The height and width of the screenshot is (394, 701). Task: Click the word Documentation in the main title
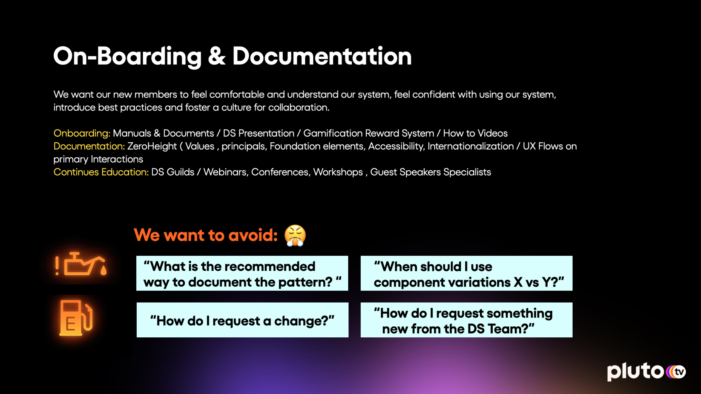(x=322, y=56)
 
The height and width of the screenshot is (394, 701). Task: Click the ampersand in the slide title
(x=217, y=57)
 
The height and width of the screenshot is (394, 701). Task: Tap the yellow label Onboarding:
(x=82, y=133)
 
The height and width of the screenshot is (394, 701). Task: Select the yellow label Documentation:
(x=89, y=146)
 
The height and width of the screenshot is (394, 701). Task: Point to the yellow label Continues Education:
(x=101, y=172)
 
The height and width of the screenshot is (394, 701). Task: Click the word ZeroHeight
(x=152, y=146)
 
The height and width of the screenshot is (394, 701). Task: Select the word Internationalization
(x=471, y=146)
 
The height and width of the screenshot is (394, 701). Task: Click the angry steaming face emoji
(x=295, y=236)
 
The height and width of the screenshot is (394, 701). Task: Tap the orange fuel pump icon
(x=76, y=318)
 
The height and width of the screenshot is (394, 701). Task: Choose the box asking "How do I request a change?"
(x=242, y=320)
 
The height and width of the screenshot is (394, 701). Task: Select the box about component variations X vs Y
(x=466, y=273)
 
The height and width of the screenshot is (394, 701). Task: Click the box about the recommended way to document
(x=242, y=273)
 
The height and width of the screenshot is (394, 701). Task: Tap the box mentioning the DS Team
(x=466, y=320)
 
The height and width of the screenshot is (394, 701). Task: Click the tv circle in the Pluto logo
(x=679, y=372)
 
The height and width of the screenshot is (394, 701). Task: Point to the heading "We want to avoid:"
(x=206, y=235)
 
